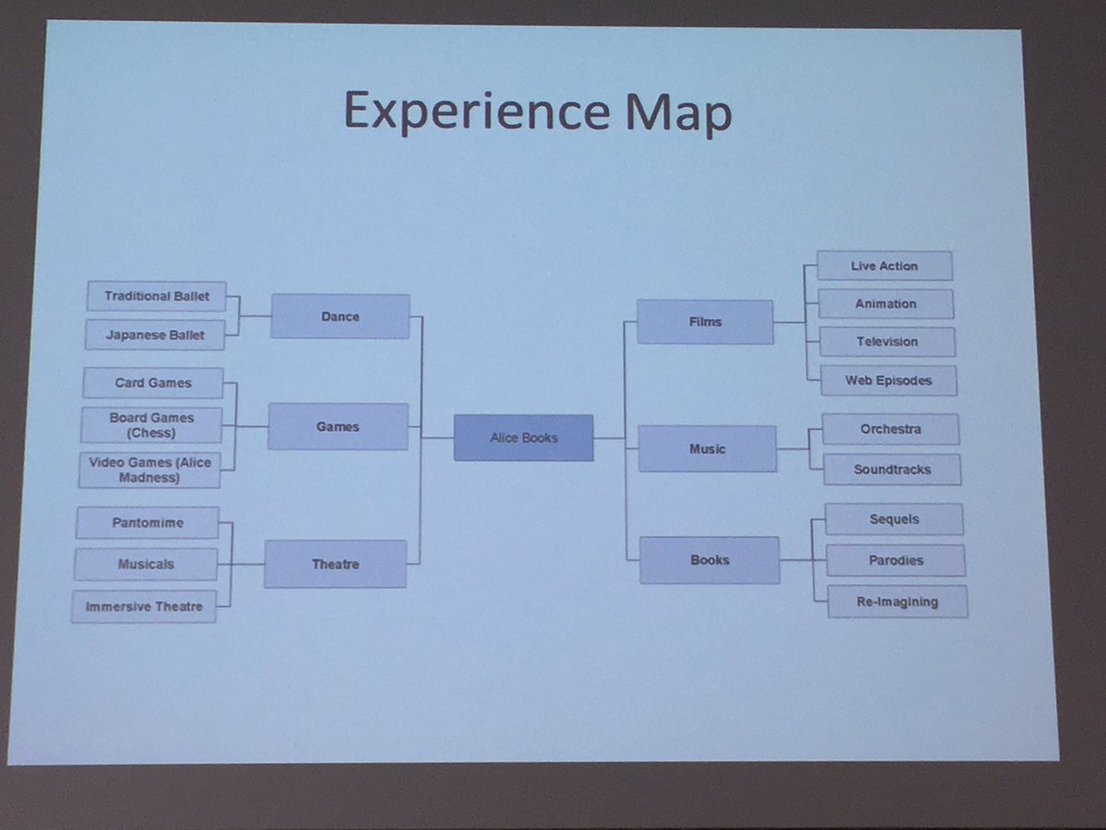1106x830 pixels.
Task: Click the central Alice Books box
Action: coord(524,437)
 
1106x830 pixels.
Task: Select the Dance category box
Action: coord(340,316)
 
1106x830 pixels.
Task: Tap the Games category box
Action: coord(337,426)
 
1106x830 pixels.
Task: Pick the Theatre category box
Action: coord(335,563)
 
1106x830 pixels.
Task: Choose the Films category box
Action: coord(705,322)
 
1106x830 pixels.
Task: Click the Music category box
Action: coord(708,448)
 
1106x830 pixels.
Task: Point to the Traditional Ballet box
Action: coord(156,296)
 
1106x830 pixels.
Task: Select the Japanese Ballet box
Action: coord(155,335)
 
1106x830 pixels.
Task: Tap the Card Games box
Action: coord(153,383)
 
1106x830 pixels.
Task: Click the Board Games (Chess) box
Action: coord(151,425)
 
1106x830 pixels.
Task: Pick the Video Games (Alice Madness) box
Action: coord(149,469)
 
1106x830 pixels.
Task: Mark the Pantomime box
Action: coord(147,523)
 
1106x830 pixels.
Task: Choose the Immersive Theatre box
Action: coord(144,607)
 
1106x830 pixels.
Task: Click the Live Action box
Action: coord(884,267)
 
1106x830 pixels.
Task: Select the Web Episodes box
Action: coord(888,381)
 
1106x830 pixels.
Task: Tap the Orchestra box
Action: coord(891,430)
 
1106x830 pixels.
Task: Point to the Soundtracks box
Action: coord(892,469)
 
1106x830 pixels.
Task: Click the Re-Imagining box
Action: coord(898,601)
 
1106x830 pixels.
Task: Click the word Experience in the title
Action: coord(477,112)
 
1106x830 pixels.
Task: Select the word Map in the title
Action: coord(678,113)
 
